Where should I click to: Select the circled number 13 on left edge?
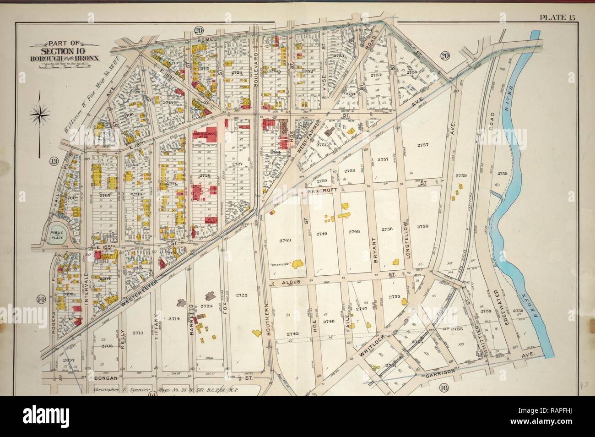[x=54, y=161]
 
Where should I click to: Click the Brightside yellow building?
[x=297, y=263]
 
